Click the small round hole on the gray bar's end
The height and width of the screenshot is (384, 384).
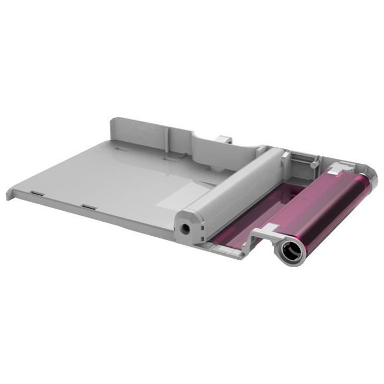click(186, 228)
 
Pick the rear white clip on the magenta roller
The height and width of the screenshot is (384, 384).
click(338, 170)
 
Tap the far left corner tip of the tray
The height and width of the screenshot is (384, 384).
click(9, 195)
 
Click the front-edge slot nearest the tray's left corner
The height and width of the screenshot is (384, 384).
click(36, 191)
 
